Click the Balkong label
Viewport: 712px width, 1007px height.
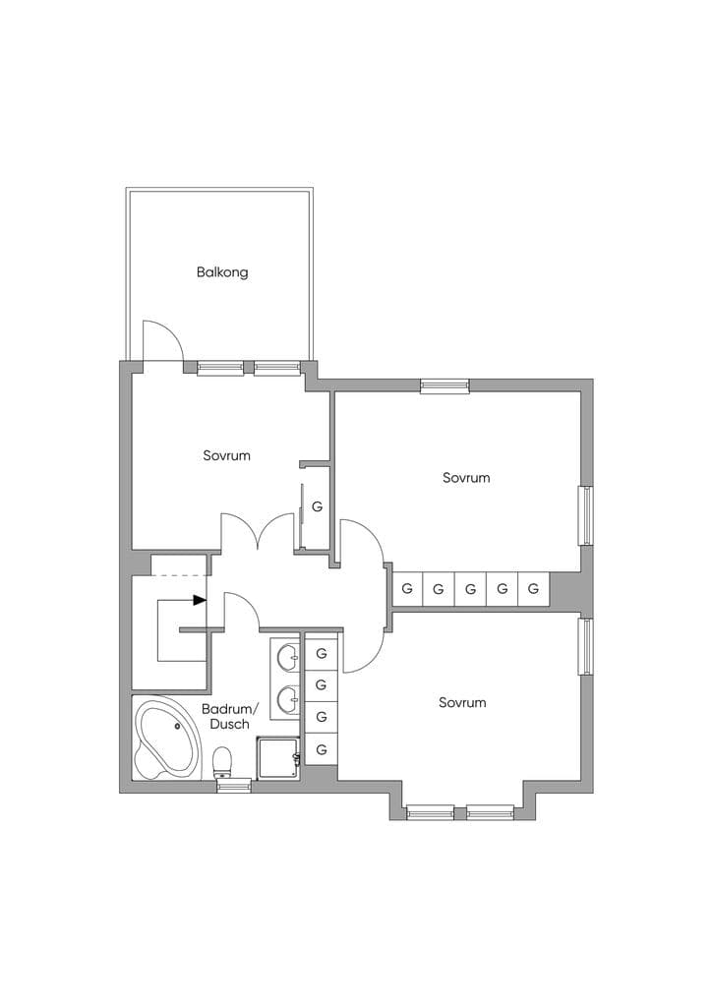click(x=222, y=272)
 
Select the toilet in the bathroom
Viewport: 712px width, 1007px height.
click(x=222, y=762)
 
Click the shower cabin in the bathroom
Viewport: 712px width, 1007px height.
click(x=278, y=758)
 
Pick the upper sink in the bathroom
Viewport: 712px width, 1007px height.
click(x=287, y=656)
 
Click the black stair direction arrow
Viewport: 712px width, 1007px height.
click(x=200, y=601)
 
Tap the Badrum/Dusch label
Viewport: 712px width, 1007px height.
click(x=230, y=716)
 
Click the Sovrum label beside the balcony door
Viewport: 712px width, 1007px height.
click(x=226, y=455)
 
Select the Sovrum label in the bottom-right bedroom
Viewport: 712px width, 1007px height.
click(x=462, y=702)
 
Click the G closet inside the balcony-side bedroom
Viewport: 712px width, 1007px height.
click(x=317, y=506)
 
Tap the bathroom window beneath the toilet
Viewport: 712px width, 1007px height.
click(x=234, y=785)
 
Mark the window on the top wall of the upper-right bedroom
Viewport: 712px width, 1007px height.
click(x=445, y=385)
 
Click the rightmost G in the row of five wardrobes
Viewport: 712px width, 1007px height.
click(x=533, y=588)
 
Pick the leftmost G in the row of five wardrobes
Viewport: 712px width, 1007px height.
click(x=407, y=588)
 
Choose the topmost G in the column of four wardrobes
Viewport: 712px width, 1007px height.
click(x=322, y=654)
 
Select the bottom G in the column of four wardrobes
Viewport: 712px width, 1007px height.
click(x=322, y=748)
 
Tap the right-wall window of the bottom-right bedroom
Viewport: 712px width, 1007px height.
click(x=585, y=646)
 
